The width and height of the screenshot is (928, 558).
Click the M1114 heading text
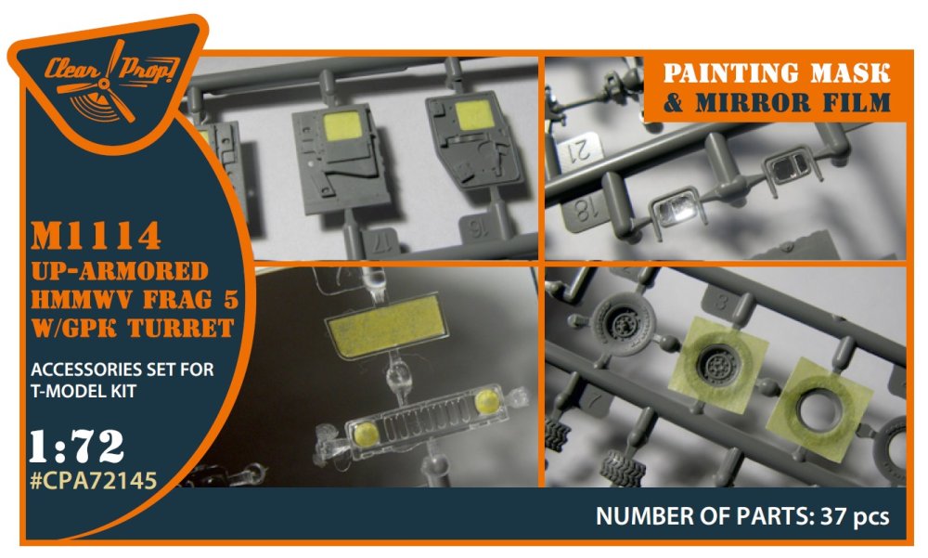pyautogui.click(x=96, y=236)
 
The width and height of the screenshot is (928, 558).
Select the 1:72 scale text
pyautogui.click(x=77, y=447)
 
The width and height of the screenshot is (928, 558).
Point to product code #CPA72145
pyautogui.click(x=94, y=480)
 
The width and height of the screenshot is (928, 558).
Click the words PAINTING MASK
pyautogui.click(x=777, y=73)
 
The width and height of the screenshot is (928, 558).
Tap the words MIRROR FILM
pyautogui.click(x=793, y=102)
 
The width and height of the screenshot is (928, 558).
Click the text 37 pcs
pyautogui.click(x=855, y=516)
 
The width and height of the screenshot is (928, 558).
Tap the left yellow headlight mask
pyautogui.click(x=367, y=435)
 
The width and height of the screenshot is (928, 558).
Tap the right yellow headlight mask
pyautogui.click(x=488, y=402)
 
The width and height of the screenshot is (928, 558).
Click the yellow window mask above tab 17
pyautogui.click(x=342, y=125)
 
